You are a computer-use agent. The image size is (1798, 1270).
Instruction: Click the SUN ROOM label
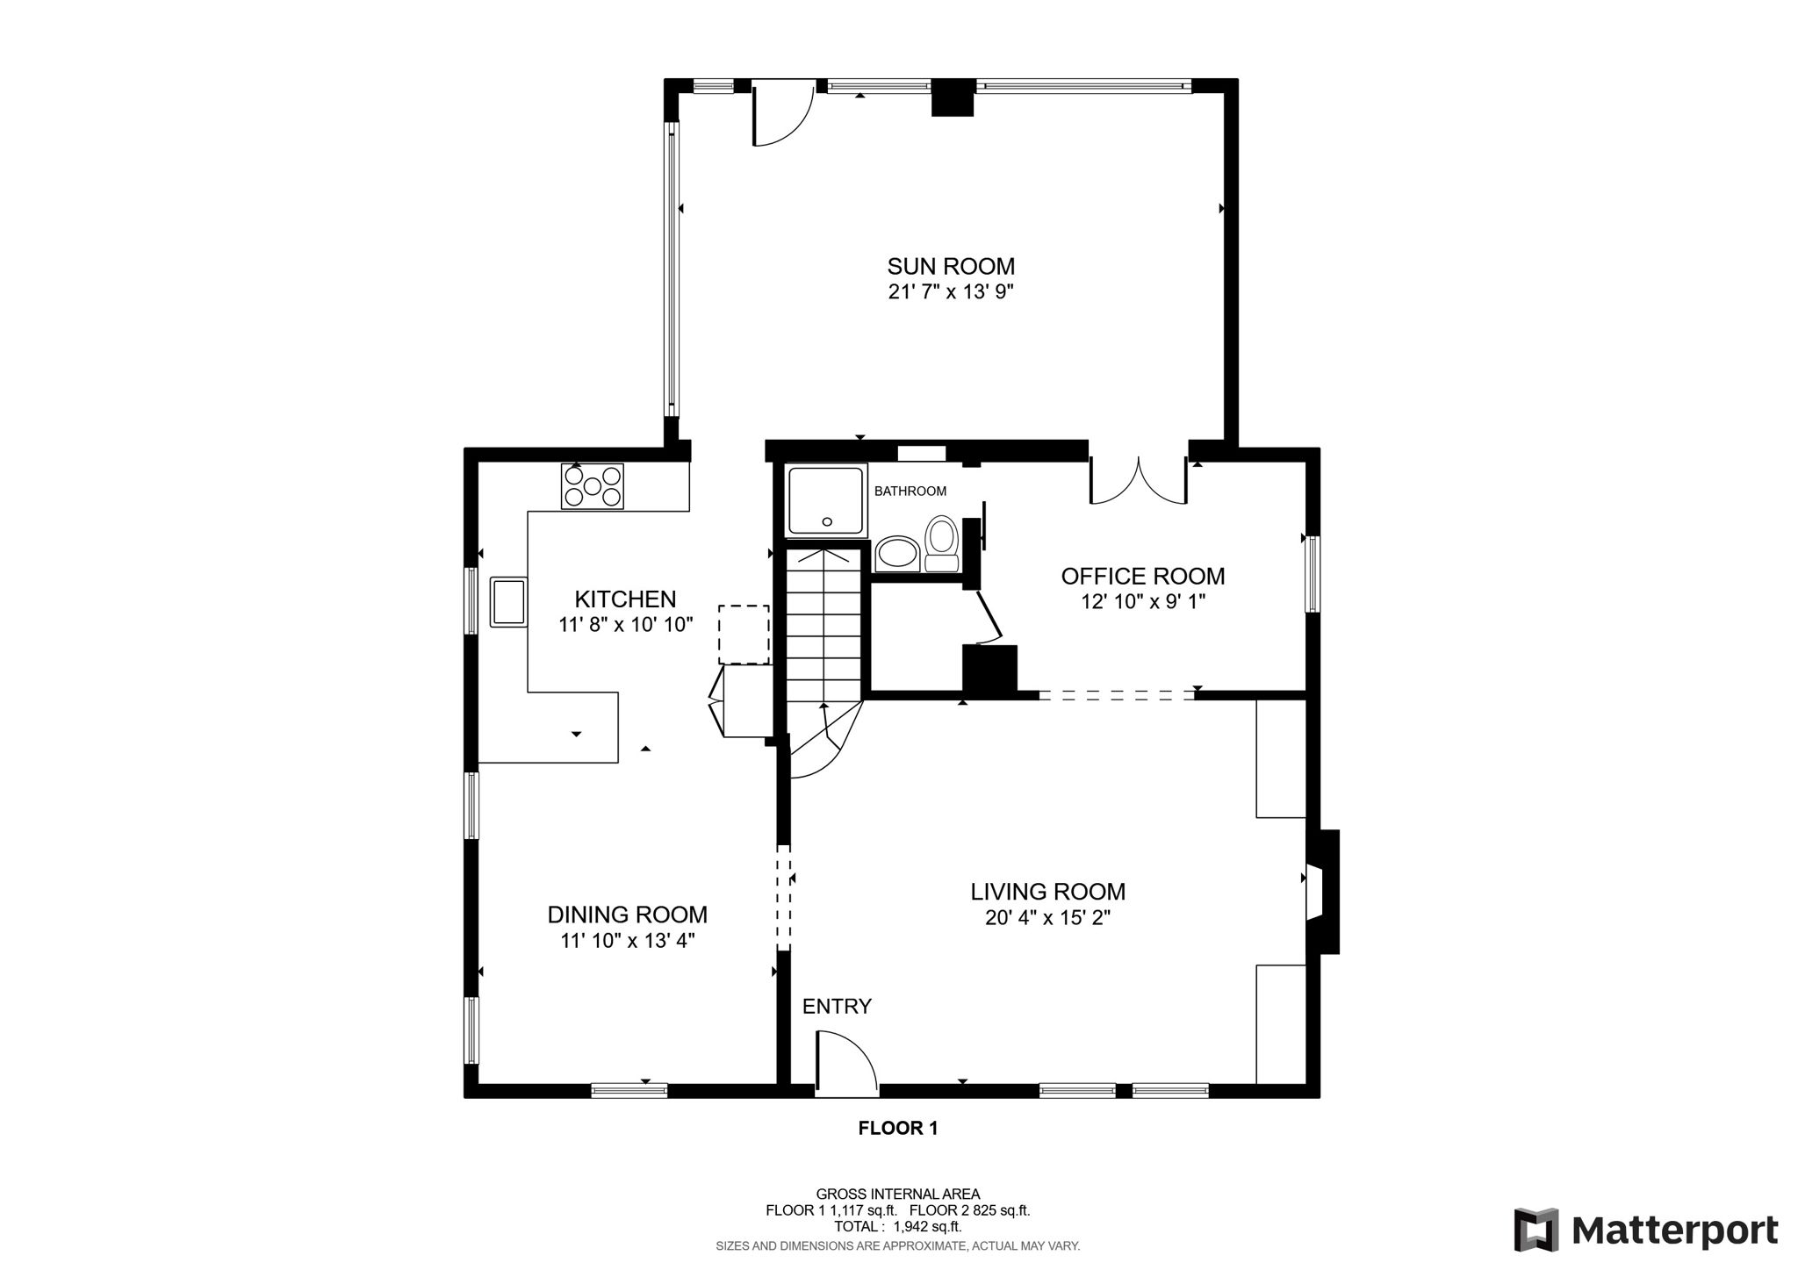coord(951,266)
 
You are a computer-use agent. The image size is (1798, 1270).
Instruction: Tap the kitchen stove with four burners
coord(593,486)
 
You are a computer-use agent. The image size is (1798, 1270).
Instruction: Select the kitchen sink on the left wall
coord(507,601)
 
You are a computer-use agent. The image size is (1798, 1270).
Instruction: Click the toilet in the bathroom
coord(941,545)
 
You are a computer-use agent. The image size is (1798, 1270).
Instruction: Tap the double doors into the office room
coord(1139,482)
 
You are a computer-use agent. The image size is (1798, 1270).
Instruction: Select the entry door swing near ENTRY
coord(845,1065)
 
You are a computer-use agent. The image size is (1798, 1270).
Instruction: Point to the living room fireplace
coord(1322,891)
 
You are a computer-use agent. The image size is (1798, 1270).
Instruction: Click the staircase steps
coord(823,623)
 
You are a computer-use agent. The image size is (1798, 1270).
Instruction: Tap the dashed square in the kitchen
coord(744,634)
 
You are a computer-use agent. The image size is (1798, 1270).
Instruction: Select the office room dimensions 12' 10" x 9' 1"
coord(1143,602)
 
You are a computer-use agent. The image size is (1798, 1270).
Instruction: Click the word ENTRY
coord(837,1007)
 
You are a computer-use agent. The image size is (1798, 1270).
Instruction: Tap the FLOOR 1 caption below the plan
coord(898,1129)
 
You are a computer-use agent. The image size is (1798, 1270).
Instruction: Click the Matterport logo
coord(1646,1231)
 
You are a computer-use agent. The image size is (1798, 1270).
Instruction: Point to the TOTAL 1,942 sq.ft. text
coord(897,1227)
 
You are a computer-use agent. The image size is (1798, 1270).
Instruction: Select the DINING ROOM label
coord(627,915)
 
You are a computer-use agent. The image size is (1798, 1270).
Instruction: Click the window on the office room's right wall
coord(1313,573)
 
